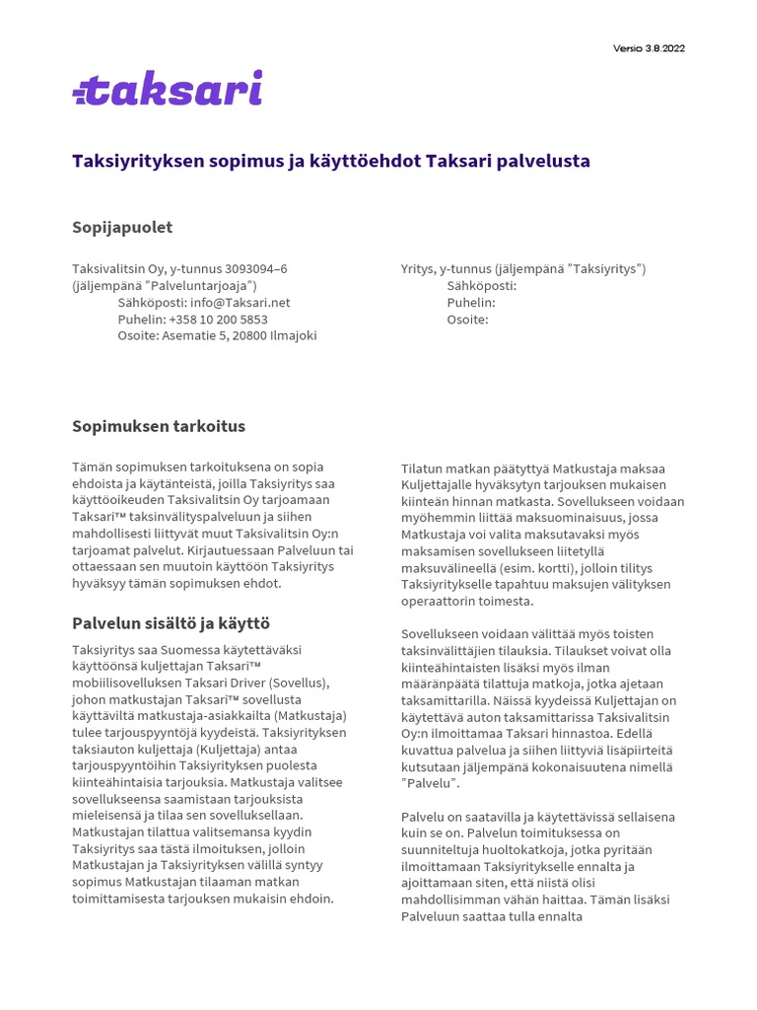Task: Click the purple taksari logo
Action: tap(168, 88)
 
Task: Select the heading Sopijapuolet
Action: tap(122, 228)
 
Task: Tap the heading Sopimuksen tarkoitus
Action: tap(159, 427)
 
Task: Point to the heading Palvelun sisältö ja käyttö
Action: tap(171, 623)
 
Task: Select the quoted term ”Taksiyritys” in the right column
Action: tap(603, 268)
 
